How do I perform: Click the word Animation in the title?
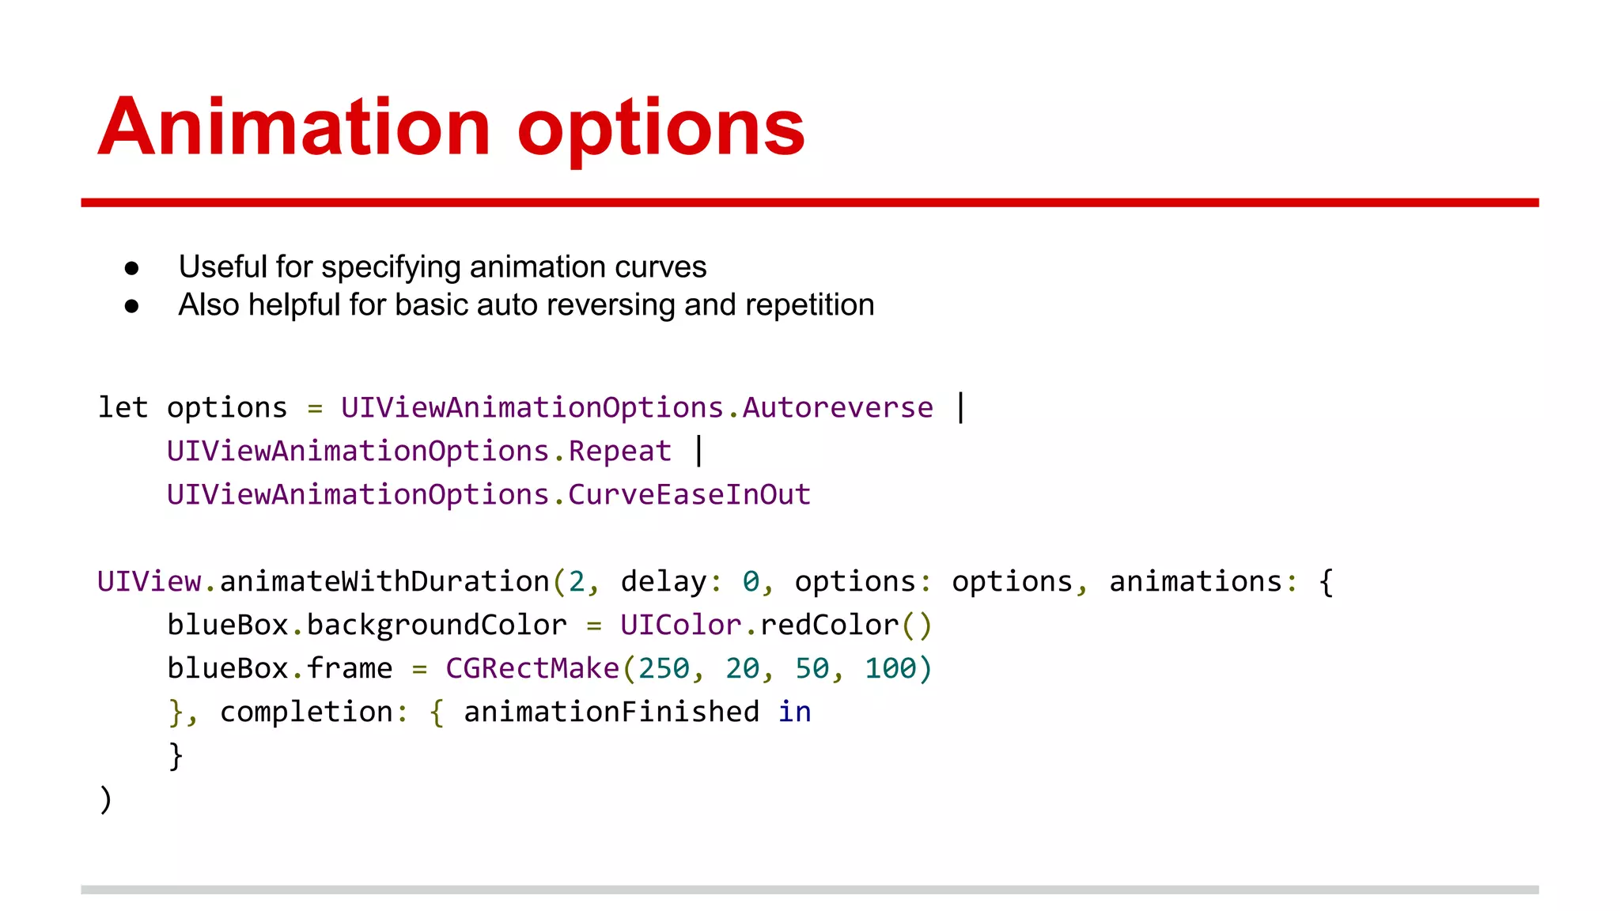pyautogui.click(x=295, y=127)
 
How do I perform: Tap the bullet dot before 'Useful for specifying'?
pyautogui.click(x=132, y=269)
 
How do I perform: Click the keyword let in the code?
pyautogui.click(x=123, y=408)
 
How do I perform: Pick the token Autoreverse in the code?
pyautogui.click(x=838, y=408)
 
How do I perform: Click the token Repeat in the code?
pyautogui.click(x=619, y=452)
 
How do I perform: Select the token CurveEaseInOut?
pyautogui.click(x=689, y=495)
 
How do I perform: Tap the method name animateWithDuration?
pyautogui.click(x=384, y=582)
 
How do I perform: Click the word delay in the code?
pyautogui.click(x=663, y=582)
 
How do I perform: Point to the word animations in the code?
pyautogui.click(x=1195, y=582)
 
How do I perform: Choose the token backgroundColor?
pyautogui.click(x=437, y=626)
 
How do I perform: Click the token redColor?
pyautogui.click(x=829, y=626)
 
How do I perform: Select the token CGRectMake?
pyautogui.click(x=532, y=669)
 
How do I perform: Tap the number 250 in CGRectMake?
pyautogui.click(x=664, y=669)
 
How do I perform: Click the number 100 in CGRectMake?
pyautogui.click(x=890, y=669)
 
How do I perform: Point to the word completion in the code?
pyautogui.click(x=306, y=713)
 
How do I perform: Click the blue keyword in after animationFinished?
pyautogui.click(x=794, y=713)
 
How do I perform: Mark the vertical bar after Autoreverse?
pyautogui.click(x=960, y=408)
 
